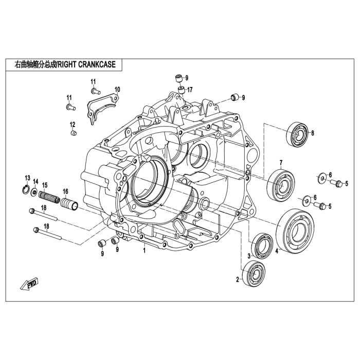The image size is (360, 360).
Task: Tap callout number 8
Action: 312,132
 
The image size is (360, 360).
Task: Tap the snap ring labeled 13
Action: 28,191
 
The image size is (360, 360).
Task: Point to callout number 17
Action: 190,89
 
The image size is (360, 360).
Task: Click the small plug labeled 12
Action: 73,134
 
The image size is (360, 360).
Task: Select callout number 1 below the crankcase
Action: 145,251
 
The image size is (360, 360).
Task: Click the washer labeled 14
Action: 35,193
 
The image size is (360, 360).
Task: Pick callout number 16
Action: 65,192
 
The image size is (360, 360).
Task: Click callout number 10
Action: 117,89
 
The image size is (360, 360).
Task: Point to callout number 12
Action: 73,124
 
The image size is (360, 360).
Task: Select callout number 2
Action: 238,280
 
